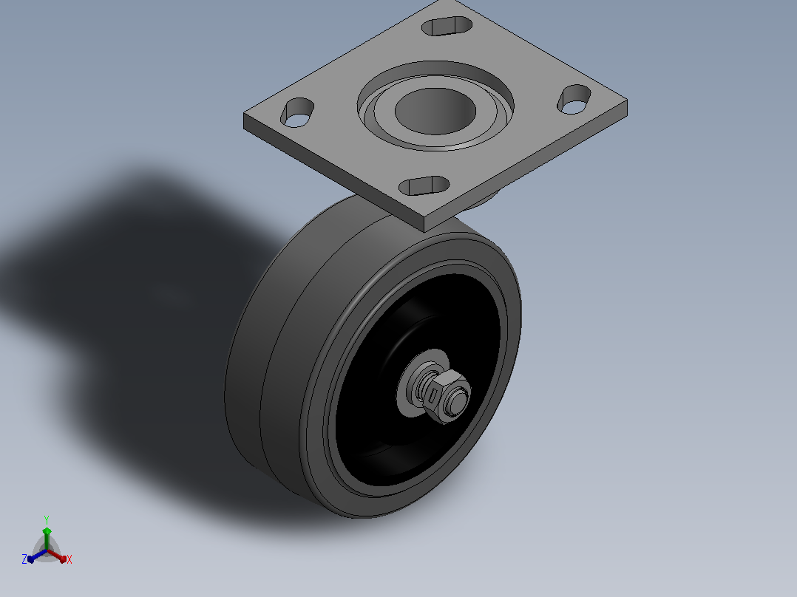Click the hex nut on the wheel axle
(x=447, y=396)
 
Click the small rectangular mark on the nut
(x=433, y=395)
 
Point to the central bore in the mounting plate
(x=435, y=112)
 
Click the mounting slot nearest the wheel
(x=424, y=186)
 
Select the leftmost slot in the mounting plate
(x=297, y=112)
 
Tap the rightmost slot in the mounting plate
(x=574, y=99)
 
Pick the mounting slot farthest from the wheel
(x=447, y=26)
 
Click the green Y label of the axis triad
(x=47, y=520)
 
